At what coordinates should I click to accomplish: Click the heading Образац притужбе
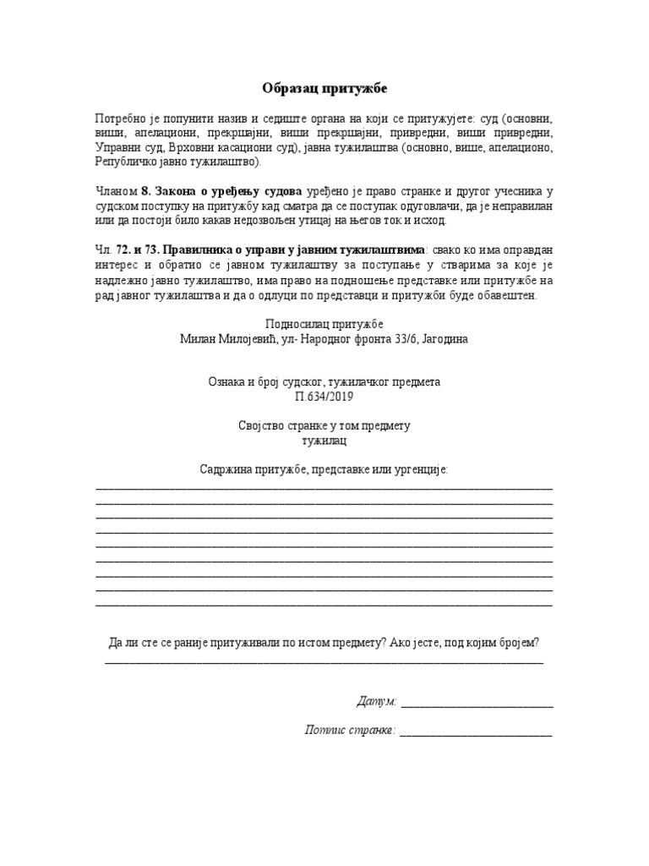tap(324, 88)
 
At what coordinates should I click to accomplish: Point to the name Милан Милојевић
tap(222, 338)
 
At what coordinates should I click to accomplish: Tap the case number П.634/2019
tap(324, 396)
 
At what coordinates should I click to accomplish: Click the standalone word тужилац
tap(324, 441)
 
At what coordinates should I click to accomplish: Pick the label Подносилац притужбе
tap(324, 324)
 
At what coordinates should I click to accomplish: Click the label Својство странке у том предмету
tap(324, 426)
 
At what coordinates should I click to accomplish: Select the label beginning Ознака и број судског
tap(324, 381)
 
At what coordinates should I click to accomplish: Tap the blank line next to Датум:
tap(477, 703)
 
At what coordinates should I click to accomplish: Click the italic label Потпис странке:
tap(350, 730)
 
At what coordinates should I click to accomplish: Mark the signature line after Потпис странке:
tap(476, 732)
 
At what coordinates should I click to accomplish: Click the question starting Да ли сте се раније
tap(324, 643)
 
